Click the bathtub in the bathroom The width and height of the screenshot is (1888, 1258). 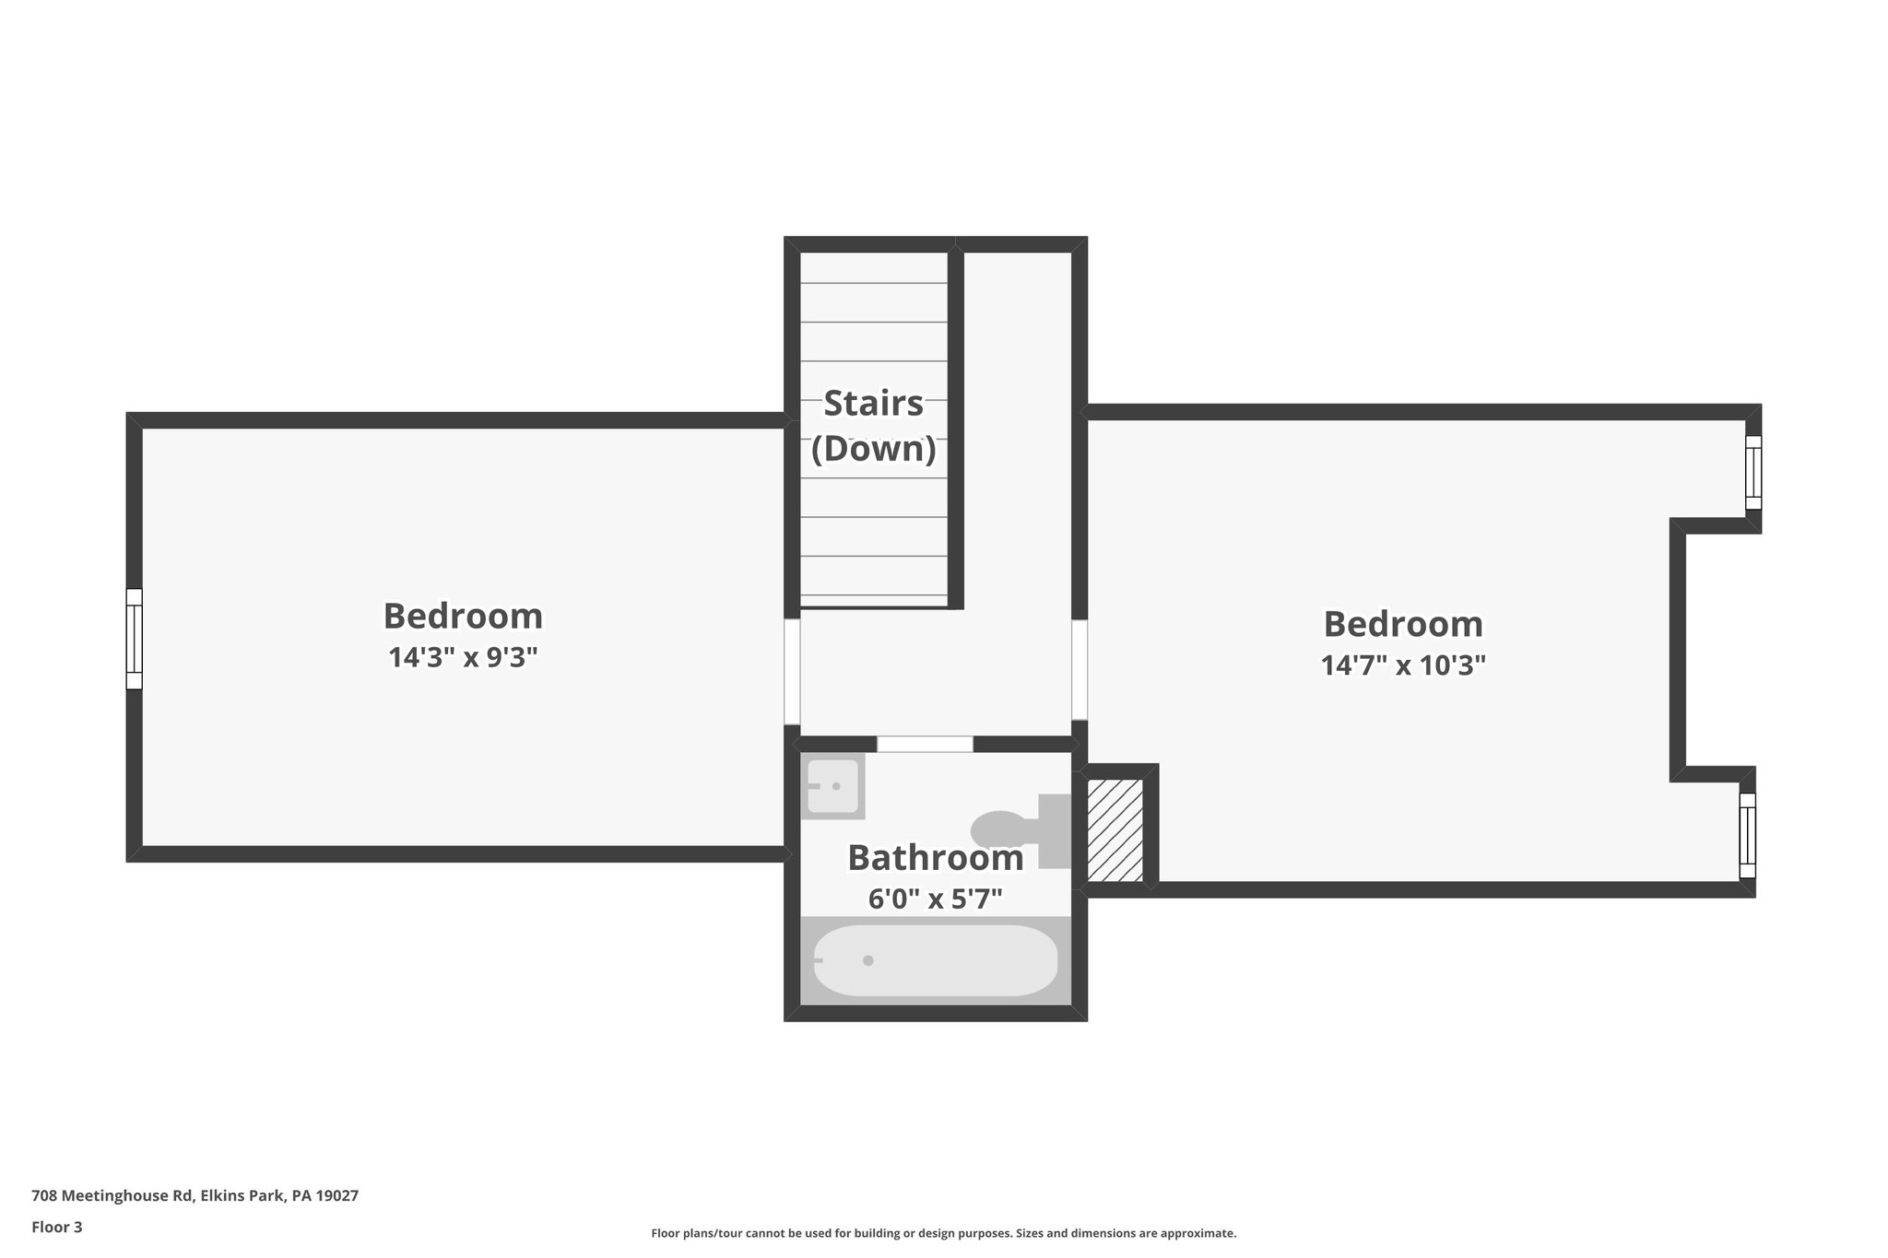(935, 960)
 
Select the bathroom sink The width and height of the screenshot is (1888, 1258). (832, 786)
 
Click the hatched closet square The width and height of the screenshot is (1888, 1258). (1115, 830)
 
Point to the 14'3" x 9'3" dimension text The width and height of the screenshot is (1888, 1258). (463, 657)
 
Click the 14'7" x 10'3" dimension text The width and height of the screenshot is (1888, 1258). (1403, 664)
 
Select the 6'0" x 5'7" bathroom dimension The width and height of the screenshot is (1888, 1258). (935, 899)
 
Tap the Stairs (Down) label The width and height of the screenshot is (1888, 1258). (873, 426)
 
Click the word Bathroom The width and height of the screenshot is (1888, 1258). (935, 857)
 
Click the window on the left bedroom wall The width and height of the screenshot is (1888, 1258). (135, 639)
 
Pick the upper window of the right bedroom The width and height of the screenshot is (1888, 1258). (1752, 472)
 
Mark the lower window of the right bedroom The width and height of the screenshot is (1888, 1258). (1747, 835)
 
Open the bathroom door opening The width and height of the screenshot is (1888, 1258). (925, 744)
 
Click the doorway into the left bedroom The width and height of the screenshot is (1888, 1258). (792, 671)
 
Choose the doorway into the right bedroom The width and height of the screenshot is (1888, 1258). (1080, 669)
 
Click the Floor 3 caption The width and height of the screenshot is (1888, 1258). (57, 1227)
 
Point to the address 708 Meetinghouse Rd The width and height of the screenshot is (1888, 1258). (195, 1195)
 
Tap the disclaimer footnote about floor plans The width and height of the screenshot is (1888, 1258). (943, 1233)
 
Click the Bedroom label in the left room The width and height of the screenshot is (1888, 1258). (463, 615)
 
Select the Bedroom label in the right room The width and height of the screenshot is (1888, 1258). (1403, 624)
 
